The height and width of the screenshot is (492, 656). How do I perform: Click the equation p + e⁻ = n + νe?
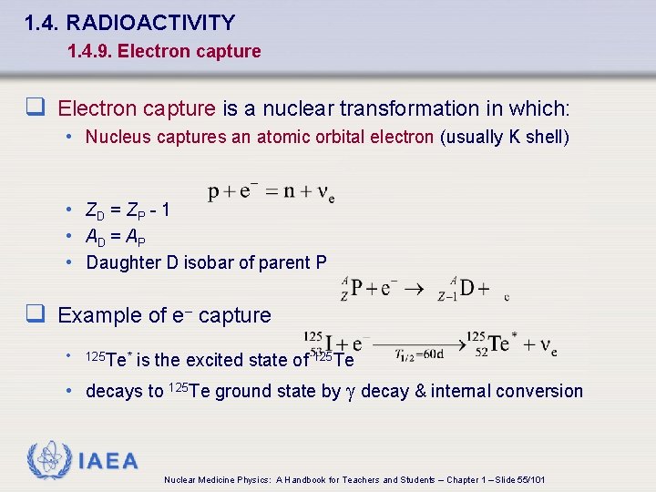coord(272,192)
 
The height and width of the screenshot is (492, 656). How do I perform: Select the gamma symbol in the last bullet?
coord(351,392)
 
